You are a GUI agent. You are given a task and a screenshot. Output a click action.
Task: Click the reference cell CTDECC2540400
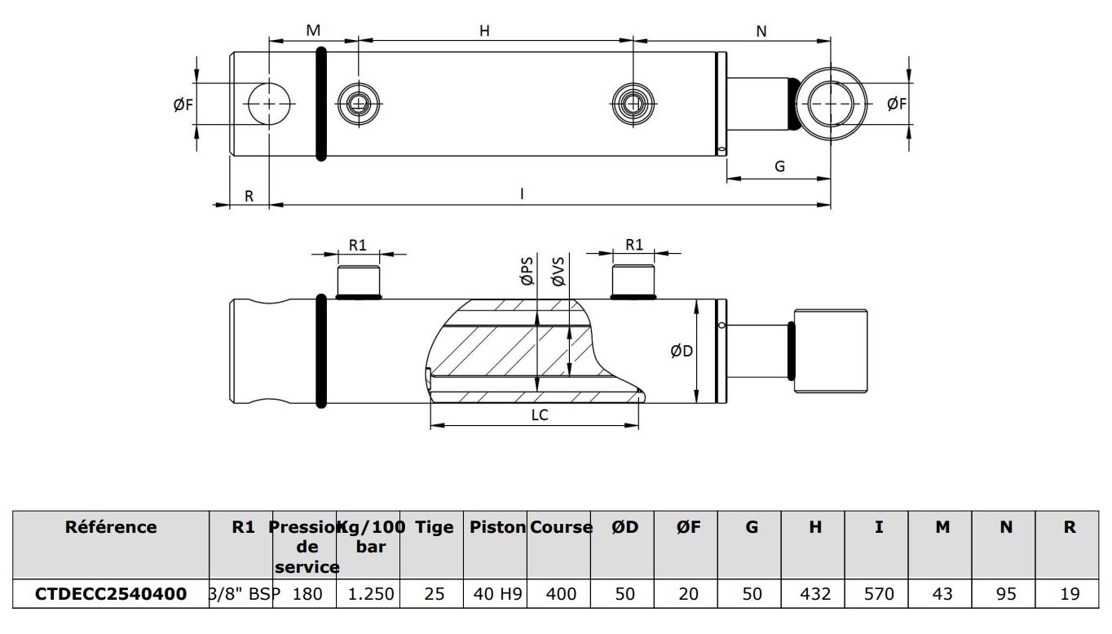(x=110, y=593)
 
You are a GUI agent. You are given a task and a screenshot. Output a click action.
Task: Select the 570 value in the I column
(x=879, y=593)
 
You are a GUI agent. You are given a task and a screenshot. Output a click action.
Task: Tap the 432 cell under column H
(x=814, y=593)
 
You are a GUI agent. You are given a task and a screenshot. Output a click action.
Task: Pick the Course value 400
(x=560, y=593)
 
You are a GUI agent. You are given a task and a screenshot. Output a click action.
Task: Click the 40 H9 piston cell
(x=496, y=593)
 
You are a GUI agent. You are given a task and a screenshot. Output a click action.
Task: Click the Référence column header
(x=111, y=527)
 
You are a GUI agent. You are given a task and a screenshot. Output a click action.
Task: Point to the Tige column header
(x=434, y=527)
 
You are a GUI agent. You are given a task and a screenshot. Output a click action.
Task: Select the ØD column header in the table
(x=624, y=527)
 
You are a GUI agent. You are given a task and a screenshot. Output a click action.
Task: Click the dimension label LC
(x=540, y=415)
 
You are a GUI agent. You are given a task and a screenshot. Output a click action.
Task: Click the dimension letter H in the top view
(x=484, y=31)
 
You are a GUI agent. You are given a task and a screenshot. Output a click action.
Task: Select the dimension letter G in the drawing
(x=779, y=166)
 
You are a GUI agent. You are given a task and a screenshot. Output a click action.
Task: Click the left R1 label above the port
(x=358, y=244)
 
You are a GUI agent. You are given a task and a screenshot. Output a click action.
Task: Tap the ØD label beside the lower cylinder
(x=682, y=352)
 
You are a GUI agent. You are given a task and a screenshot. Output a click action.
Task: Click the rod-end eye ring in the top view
(x=832, y=104)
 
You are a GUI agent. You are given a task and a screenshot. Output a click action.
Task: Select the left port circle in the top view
(x=358, y=104)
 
